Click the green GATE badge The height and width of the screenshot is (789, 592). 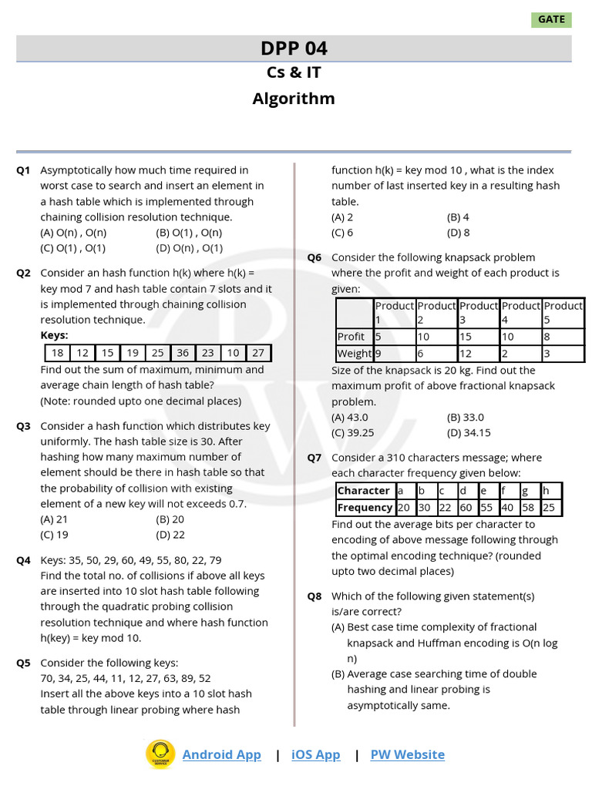coord(551,19)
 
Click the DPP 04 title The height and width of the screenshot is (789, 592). coord(294,49)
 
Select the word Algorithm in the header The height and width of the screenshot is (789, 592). coord(294,99)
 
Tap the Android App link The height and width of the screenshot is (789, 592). coord(221,755)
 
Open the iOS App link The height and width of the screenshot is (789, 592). coord(315,755)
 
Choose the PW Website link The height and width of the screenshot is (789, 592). coord(407,755)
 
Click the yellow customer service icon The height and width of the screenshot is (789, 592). coord(160,754)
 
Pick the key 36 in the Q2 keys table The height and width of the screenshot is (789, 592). coord(183,353)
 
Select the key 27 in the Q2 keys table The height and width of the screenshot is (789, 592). coord(258,353)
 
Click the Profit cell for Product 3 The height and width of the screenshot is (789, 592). coord(478,337)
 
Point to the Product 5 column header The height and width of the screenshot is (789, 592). coord(563,312)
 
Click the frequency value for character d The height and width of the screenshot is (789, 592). coord(466,508)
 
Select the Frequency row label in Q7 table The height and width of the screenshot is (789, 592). coord(365,508)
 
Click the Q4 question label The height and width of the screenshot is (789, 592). coord(23,560)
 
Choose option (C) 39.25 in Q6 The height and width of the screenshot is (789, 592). coord(352,433)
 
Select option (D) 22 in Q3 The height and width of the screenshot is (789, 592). coord(170,535)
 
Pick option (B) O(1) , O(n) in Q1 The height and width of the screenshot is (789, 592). coord(189,233)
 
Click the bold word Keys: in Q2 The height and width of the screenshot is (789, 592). coord(54,335)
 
